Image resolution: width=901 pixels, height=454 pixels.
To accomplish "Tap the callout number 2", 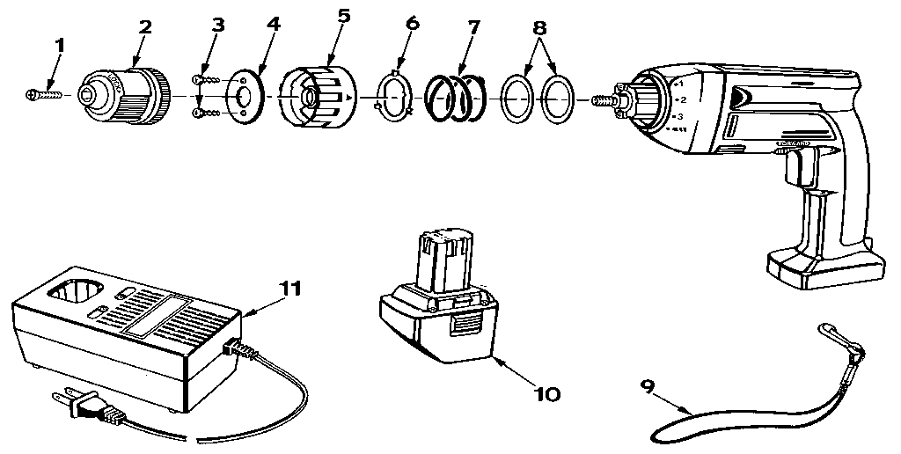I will point(144,26).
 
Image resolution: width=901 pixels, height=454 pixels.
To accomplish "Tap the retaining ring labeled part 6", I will point(392,95).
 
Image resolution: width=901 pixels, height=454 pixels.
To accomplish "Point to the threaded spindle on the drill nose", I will point(606,99).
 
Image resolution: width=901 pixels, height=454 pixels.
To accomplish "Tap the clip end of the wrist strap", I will point(831,335).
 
